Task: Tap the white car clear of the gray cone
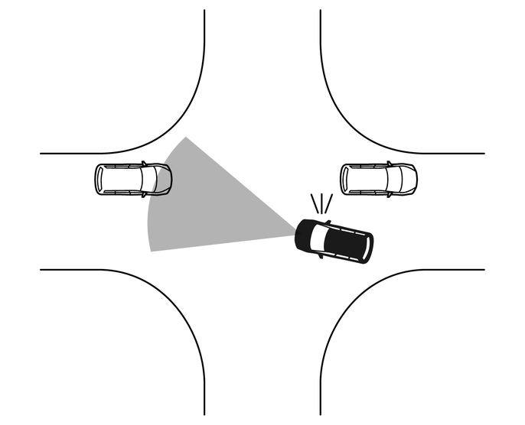click(379, 179)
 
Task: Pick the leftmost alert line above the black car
click(314, 203)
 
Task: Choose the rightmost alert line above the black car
click(329, 204)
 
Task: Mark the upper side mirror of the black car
click(328, 222)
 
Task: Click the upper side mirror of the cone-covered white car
click(144, 163)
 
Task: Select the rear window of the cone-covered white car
click(99, 179)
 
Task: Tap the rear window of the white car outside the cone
click(346, 179)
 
